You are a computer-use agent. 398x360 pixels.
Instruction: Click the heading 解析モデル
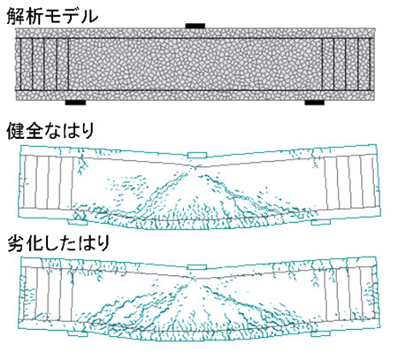52,16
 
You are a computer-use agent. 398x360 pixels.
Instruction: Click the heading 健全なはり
50,131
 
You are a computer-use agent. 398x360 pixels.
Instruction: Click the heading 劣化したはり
58,243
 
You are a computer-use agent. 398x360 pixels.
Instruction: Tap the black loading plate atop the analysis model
195,26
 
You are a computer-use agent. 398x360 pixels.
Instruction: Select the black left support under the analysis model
75,103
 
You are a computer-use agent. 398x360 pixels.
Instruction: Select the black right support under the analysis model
315,103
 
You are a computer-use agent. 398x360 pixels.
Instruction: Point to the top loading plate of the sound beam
196,155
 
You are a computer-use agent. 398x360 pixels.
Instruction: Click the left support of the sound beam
78,222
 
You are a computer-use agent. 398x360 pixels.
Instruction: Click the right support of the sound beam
320,222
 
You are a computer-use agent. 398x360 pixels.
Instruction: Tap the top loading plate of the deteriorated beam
197,267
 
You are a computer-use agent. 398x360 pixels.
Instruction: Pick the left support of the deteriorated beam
78,333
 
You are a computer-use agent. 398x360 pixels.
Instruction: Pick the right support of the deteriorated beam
320,333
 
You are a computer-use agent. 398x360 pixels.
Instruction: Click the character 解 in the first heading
16,16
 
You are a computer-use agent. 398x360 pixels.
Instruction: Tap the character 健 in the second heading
15,131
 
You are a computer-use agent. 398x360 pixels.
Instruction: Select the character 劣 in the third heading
16,243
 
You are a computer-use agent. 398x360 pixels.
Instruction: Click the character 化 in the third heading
34,243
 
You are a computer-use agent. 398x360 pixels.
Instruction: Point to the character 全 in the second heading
34,131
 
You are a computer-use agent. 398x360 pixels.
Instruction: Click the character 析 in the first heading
34,16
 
